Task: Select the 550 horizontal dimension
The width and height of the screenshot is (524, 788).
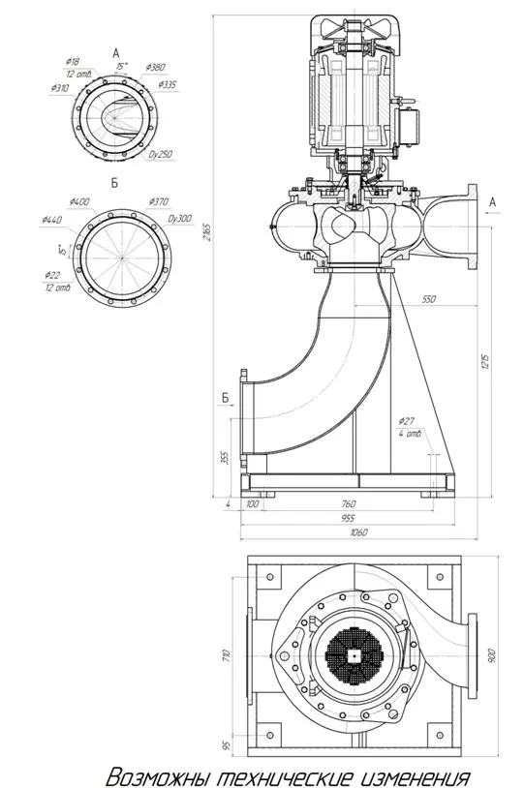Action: point(427,301)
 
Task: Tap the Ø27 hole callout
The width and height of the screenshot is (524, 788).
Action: point(407,421)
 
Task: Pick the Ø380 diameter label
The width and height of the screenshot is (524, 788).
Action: point(156,67)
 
